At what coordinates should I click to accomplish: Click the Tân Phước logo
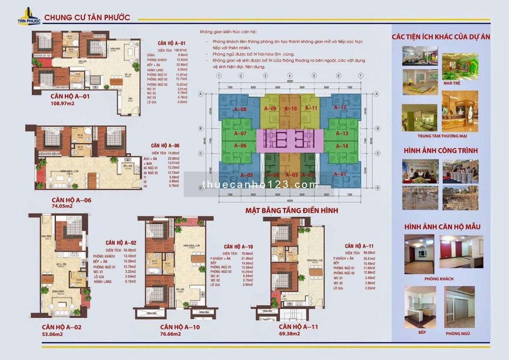[28, 16]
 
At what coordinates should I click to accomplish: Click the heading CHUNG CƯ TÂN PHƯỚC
[87, 18]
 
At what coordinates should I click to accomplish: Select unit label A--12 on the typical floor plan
[340, 108]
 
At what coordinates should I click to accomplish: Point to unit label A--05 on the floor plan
[247, 175]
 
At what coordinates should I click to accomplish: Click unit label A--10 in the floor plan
[291, 108]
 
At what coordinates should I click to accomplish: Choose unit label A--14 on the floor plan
[342, 146]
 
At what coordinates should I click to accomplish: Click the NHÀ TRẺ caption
[460, 83]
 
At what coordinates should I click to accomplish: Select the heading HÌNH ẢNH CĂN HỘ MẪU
[441, 227]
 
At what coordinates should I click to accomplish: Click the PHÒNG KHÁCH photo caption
[439, 279]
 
